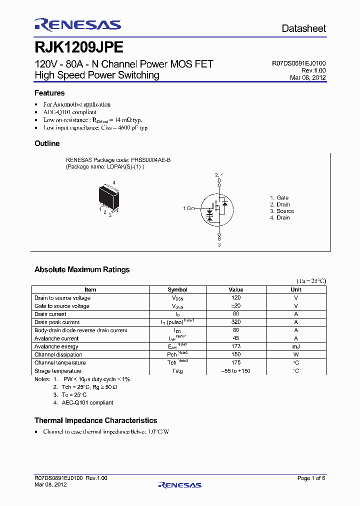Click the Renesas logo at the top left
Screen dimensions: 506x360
click(77, 25)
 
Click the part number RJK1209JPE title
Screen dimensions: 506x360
click(79, 47)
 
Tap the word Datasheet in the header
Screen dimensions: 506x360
click(303, 28)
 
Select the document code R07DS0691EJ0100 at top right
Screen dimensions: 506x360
click(298, 63)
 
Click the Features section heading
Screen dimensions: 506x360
click(49, 93)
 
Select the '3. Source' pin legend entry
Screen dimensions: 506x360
click(282, 211)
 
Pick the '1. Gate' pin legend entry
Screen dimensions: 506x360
click(279, 198)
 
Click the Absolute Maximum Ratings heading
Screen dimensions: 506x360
click(82, 269)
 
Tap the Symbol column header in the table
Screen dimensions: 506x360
click(177, 289)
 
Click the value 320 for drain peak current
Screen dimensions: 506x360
click(236, 322)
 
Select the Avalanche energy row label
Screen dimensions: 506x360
click(56, 346)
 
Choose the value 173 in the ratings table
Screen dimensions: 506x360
click(236, 346)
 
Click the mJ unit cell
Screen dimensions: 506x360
click(296, 346)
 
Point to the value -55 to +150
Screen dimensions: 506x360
click(236, 371)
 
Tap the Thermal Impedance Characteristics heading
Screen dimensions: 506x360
click(95, 420)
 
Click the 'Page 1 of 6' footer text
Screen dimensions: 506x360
click(311, 478)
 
